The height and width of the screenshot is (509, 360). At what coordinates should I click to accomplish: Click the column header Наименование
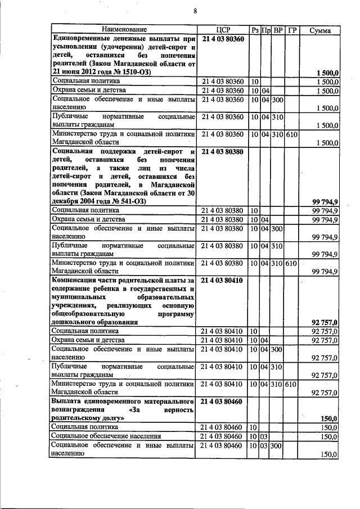124,29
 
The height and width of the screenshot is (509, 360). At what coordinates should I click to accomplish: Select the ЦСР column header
223,29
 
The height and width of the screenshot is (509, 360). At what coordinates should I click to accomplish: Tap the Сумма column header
319,29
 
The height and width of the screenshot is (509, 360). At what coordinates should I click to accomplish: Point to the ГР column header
291,29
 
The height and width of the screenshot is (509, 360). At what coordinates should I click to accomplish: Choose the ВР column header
277,29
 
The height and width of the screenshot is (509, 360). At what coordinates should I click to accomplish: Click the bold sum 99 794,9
324,201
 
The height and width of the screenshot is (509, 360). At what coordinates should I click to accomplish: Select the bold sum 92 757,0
324,322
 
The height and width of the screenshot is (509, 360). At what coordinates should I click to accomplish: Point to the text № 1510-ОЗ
120,73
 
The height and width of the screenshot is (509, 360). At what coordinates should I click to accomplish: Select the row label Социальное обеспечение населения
106,436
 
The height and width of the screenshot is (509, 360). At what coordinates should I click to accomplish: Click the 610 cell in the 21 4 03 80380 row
291,263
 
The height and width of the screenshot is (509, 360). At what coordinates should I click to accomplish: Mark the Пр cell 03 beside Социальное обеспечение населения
265,436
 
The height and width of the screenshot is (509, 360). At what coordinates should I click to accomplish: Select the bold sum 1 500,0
327,73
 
